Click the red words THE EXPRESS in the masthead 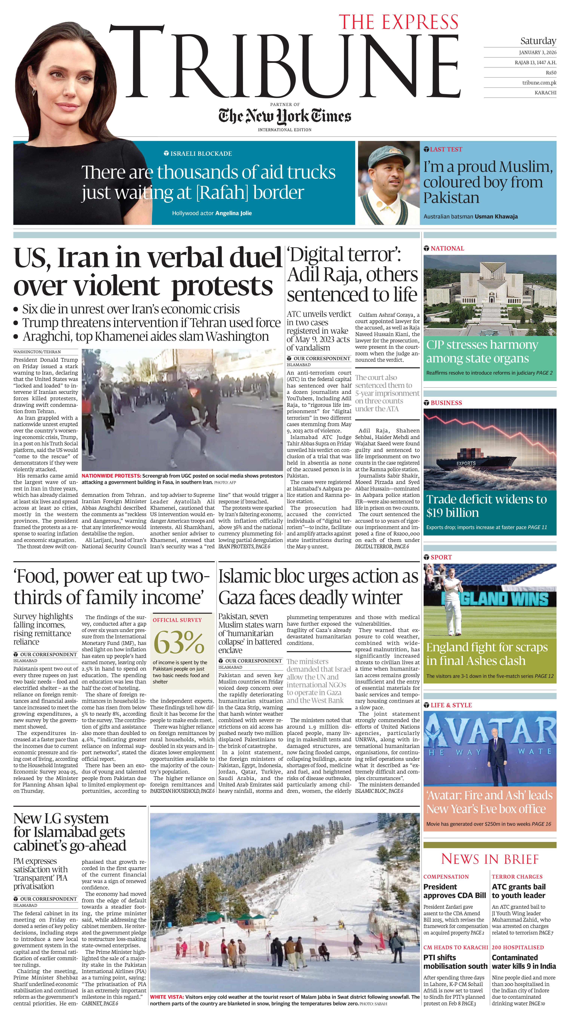(x=398, y=22)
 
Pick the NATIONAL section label (x=447, y=248)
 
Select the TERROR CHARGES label (x=517, y=876)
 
